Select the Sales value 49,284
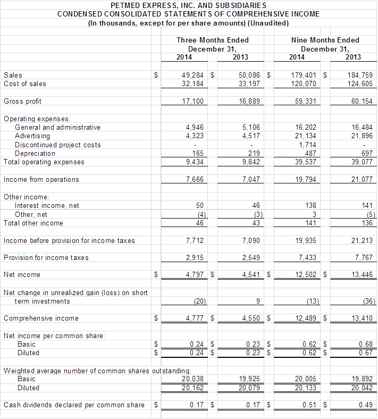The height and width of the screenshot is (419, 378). tap(193, 76)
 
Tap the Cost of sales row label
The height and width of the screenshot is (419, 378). tap(25, 84)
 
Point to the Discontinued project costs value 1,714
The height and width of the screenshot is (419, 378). tap(308, 145)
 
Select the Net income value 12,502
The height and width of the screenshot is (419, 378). tap(307, 275)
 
